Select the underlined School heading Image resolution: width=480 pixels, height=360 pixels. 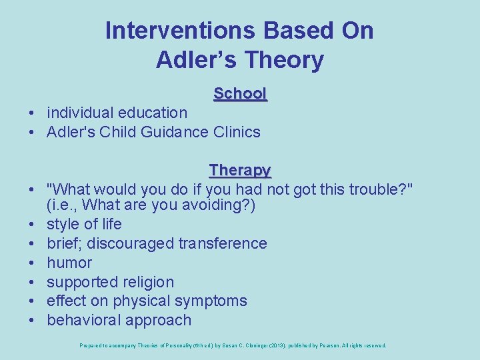[x=240, y=94]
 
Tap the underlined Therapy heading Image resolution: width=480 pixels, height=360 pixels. [x=240, y=170]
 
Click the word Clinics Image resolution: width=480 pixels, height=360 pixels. [x=237, y=132]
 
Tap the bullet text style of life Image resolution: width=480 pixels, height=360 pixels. [x=84, y=224]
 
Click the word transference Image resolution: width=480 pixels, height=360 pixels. [x=223, y=243]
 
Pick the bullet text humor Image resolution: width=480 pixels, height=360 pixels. [x=69, y=263]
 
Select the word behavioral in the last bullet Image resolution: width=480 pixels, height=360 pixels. [x=83, y=320]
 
